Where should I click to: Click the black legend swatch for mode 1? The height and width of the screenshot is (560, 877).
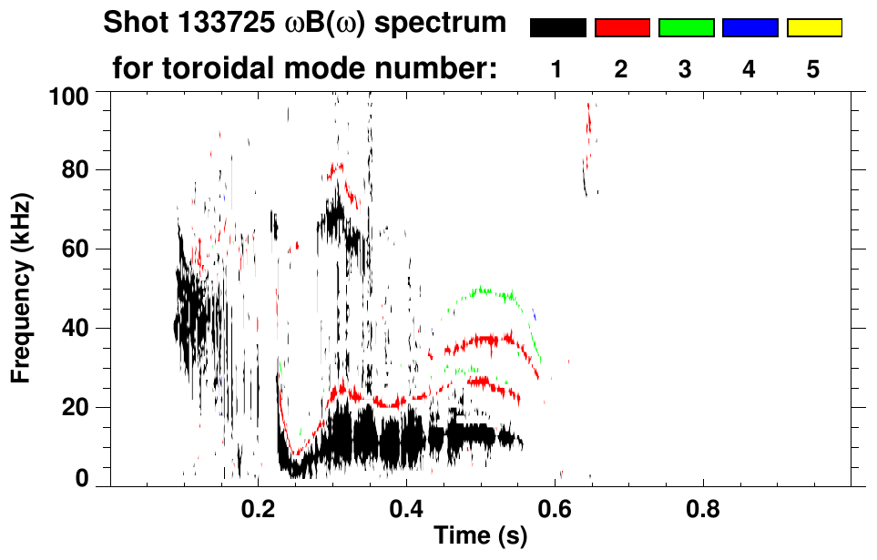click(x=557, y=28)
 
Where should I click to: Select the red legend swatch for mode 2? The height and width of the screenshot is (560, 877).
click(x=622, y=28)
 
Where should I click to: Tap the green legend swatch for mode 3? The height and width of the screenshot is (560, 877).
click(x=686, y=28)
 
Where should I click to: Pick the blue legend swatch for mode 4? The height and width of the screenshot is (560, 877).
click(x=750, y=28)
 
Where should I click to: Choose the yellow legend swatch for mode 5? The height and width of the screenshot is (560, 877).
click(x=814, y=28)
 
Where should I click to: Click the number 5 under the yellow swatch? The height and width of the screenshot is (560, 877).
click(x=814, y=69)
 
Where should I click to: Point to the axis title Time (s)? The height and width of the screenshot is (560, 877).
click(x=479, y=536)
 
